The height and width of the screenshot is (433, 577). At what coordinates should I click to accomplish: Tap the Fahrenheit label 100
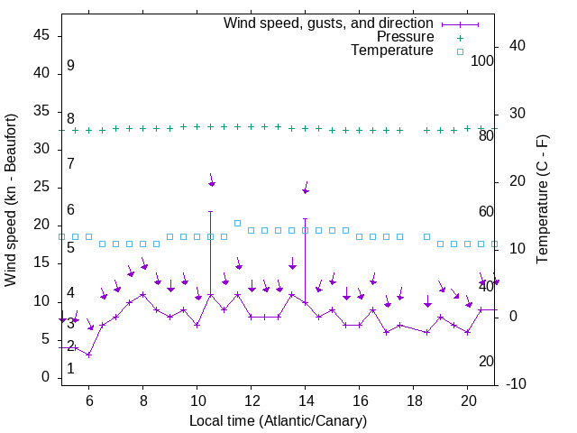(482, 60)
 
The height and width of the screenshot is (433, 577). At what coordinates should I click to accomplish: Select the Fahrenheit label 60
(486, 211)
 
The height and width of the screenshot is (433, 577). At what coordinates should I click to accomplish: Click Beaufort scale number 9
(70, 66)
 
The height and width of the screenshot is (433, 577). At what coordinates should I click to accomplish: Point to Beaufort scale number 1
(70, 368)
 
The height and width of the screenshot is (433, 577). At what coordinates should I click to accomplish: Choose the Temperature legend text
(392, 51)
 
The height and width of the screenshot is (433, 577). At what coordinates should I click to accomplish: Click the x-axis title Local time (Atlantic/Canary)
(278, 420)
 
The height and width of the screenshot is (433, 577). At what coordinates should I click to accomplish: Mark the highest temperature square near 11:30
(238, 223)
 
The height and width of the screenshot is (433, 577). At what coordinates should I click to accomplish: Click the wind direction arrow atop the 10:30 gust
(212, 180)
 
